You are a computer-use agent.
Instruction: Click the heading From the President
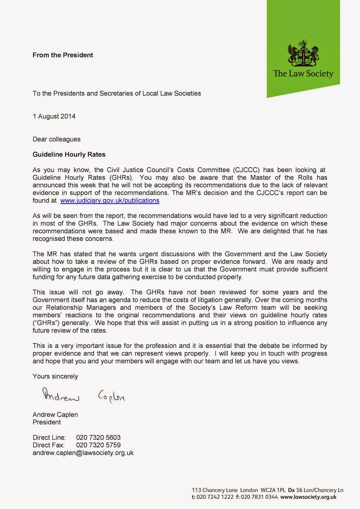click(63, 55)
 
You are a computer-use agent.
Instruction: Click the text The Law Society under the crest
click(303, 74)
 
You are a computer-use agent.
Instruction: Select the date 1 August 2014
click(54, 116)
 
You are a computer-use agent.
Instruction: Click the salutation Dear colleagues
click(57, 139)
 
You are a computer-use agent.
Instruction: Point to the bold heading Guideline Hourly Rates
click(69, 155)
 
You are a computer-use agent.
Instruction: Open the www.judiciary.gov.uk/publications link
click(110, 201)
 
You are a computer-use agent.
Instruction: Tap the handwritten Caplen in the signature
click(111, 396)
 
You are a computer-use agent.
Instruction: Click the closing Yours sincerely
click(55, 376)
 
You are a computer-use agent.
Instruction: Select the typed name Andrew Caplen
click(55, 415)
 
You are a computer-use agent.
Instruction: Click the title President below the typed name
click(47, 422)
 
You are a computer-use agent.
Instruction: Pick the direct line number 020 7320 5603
click(98, 437)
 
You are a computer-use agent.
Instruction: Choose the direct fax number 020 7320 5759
click(98, 445)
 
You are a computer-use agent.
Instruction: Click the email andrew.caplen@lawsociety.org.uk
click(83, 453)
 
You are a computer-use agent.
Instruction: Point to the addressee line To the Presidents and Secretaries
click(117, 94)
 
